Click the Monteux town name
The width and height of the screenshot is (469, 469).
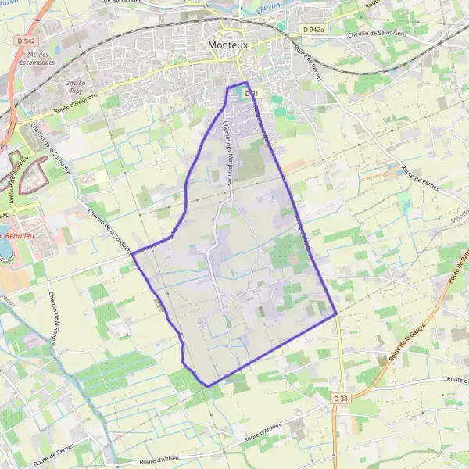tap(228, 46)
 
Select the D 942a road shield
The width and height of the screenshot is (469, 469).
tap(313, 30)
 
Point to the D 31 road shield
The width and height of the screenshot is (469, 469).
tap(251, 94)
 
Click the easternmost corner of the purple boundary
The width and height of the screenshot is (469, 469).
tap(336, 315)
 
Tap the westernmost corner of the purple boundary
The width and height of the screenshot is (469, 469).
tap(132, 253)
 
